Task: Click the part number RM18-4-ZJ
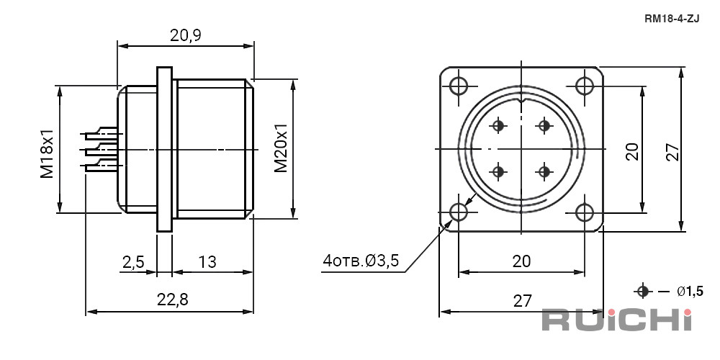click(x=672, y=19)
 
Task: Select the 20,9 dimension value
click(x=186, y=35)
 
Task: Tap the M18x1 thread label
click(x=48, y=153)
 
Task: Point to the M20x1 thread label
click(x=281, y=148)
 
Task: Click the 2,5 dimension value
click(x=133, y=262)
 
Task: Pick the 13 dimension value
click(x=207, y=262)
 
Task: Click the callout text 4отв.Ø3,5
click(x=361, y=261)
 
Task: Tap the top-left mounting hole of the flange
click(x=458, y=86)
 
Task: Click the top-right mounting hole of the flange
click(x=585, y=86)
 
